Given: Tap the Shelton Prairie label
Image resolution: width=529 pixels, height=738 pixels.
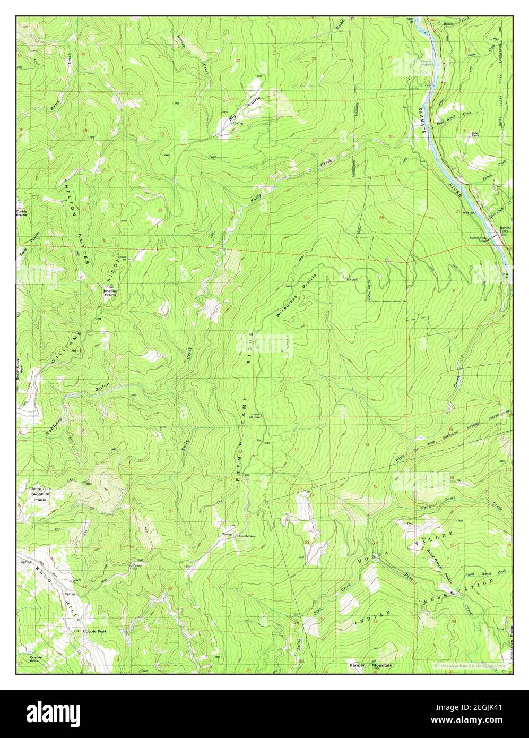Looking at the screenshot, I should [x=110, y=292].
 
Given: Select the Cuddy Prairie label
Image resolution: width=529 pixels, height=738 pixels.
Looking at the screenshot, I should [x=22, y=213].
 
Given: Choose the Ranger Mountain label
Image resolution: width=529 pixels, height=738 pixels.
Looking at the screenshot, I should [x=370, y=665].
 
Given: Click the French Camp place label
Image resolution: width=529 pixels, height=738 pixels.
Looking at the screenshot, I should [x=247, y=536].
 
